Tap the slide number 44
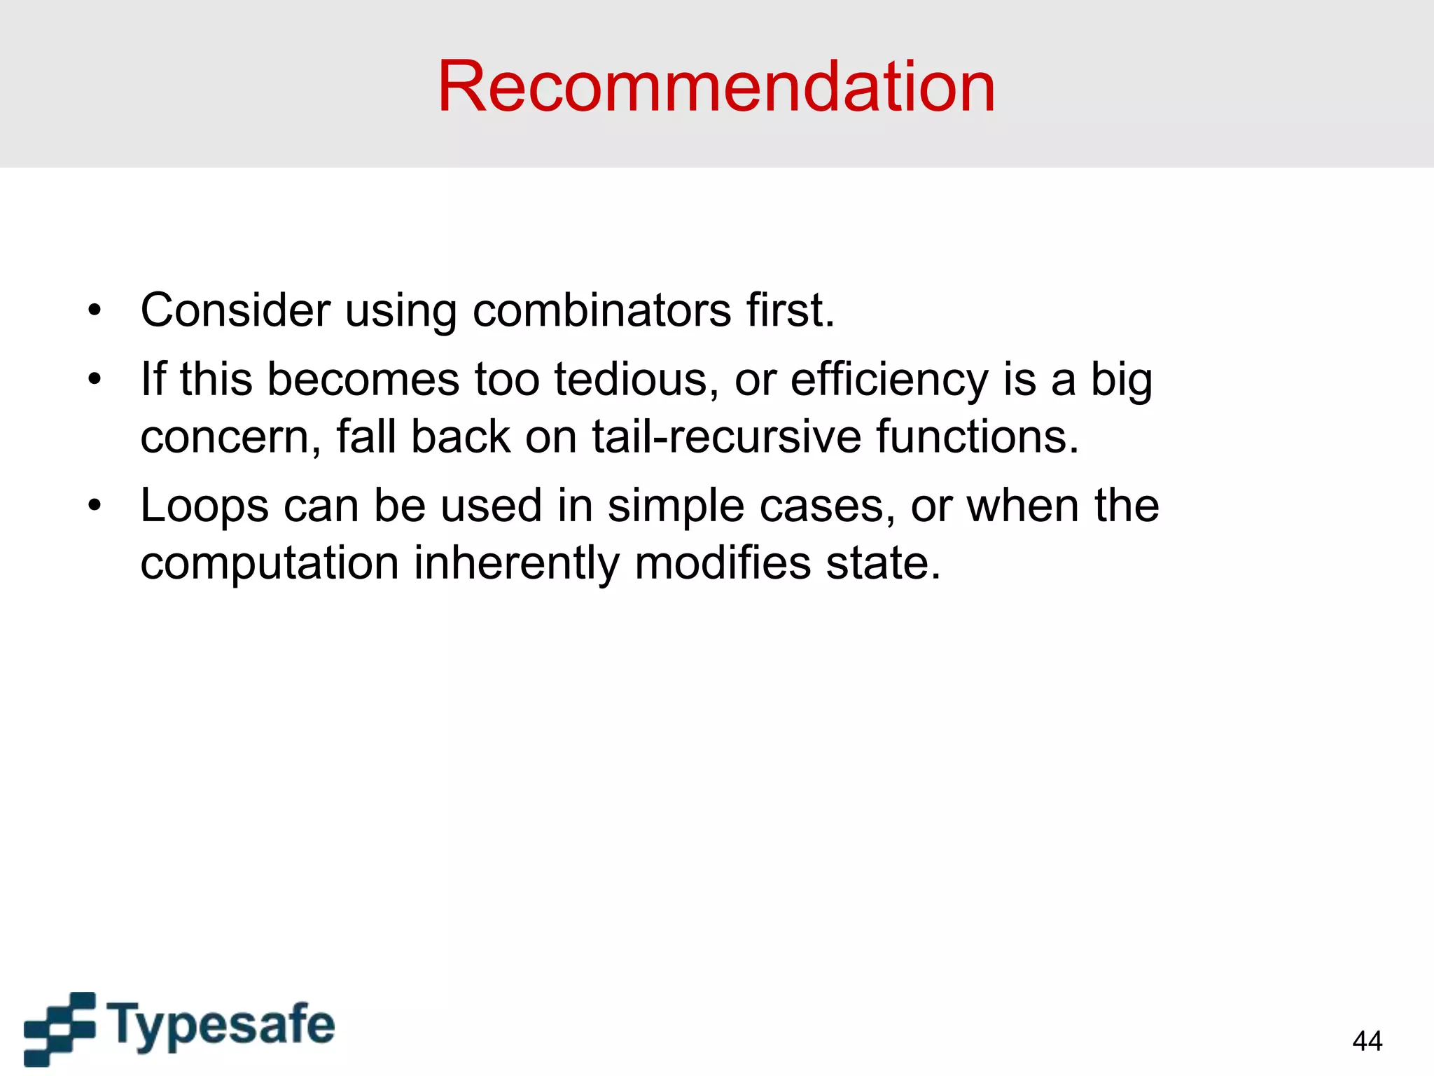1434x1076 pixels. click(1367, 1041)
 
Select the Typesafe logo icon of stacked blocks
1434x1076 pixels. click(60, 1028)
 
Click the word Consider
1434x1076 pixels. click(235, 310)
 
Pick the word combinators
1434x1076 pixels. click(601, 310)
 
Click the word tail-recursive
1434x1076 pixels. click(726, 436)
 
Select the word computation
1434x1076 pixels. click(270, 563)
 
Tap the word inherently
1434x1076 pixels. click(517, 563)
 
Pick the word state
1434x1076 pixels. click(883, 563)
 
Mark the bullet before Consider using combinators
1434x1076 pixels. click(95, 310)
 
